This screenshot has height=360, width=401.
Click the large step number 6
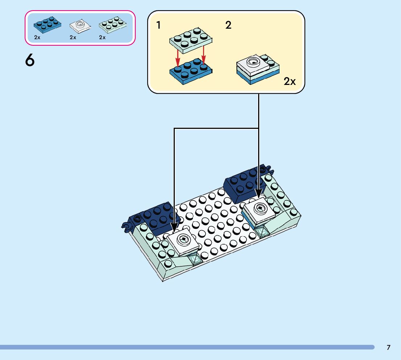coord(30,60)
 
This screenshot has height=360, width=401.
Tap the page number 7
coord(388,347)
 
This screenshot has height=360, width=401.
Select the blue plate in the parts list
coord(47,24)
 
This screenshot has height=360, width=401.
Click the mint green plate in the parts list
coord(113,24)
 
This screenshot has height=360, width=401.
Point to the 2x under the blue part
coord(37,37)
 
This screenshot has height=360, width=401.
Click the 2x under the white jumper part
coord(73,37)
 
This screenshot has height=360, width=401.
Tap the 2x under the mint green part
coord(102,37)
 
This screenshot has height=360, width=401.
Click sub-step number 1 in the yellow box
coord(158,25)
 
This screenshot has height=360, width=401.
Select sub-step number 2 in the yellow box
coord(228,25)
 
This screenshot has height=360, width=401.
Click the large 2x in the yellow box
coord(289,81)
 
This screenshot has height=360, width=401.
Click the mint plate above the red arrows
coord(191,39)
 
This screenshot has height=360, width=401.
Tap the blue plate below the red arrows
coord(191,73)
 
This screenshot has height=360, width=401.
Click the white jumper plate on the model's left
coord(183,242)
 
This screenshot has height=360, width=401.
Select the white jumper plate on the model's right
coord(260,210)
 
